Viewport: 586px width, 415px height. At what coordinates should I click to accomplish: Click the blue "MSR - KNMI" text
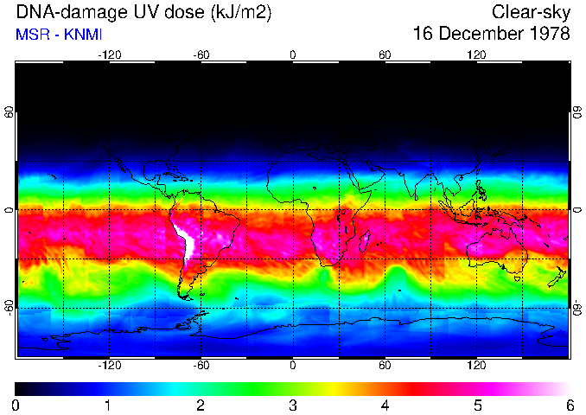[x=54, y=35]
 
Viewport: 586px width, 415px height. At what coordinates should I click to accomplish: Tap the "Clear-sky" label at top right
[x=531, y=12]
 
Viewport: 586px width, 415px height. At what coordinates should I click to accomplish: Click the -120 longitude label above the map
[x=109, y=54]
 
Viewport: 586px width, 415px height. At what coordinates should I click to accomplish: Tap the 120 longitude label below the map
[x=476, y=365]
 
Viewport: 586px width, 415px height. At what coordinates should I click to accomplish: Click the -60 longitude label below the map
[x=201, y=365]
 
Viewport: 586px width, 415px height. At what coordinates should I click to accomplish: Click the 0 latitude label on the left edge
[x=9, y=210]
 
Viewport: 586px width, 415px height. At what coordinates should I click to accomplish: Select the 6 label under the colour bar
[x=570, y=405]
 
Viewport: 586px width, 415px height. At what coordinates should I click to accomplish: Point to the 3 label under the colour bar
[x=293, y=405]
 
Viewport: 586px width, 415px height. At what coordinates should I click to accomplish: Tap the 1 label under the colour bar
[x=108, y=405]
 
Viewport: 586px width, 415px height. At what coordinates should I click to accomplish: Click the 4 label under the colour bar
[x=385, y=405]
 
